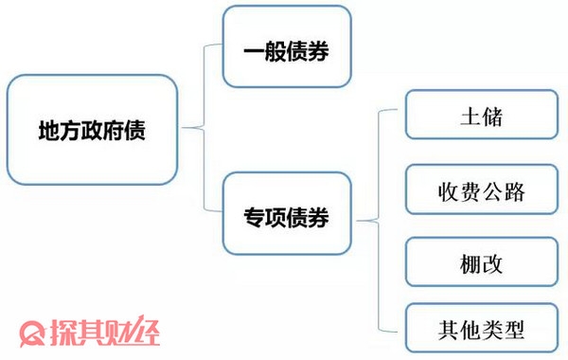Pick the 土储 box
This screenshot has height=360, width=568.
pos(480,117)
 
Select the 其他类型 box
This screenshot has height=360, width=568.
pos(480,331)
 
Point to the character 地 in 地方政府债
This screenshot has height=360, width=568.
pos(48,130)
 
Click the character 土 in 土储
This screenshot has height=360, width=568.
pos(466,118)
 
